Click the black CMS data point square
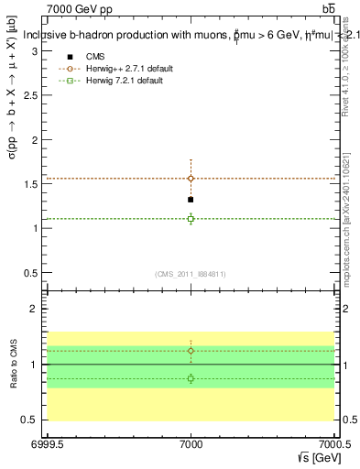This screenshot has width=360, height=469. (191, 199)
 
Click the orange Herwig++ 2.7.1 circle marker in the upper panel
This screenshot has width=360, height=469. (191, 179)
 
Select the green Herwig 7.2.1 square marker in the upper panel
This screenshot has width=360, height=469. (191, 218)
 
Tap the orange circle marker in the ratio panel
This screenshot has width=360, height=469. (191, 351)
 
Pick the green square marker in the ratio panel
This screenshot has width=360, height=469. (191, 378)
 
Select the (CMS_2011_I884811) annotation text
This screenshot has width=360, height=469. (191, 274)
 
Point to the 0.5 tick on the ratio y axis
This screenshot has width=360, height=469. (34, 420)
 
